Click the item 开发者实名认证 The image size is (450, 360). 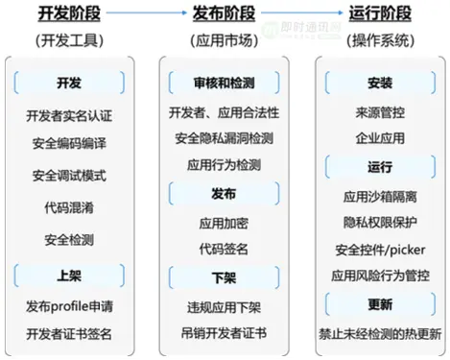click(x=69, y=116)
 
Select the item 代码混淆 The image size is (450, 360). click(x=69, y=206)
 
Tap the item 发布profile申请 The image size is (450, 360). click(x=69, y=306)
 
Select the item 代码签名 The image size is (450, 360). click(x=223, y=249)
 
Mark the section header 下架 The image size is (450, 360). click(x=224, y=276)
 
